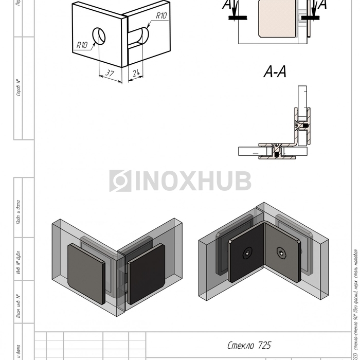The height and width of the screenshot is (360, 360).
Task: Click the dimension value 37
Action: point(110,73)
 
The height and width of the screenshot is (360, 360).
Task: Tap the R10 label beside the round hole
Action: point(82,45)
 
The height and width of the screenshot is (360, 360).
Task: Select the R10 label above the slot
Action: point(160,16)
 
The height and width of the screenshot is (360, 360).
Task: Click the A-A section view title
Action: point(275,73)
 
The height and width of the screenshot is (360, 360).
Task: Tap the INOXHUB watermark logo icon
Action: point(120,181)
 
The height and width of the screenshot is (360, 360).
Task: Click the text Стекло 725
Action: point(249,345)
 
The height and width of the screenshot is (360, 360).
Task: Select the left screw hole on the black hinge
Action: point(247,253)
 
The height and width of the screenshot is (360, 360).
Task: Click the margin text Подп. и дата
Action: point(19,211)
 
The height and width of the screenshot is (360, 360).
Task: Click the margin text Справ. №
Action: point(19,88)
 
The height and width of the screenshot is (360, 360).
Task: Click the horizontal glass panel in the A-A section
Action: point(251,152)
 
